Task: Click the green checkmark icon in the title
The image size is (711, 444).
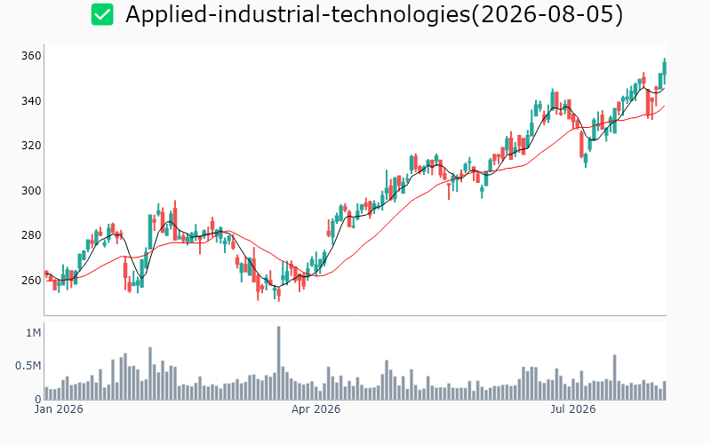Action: tap(102, 14)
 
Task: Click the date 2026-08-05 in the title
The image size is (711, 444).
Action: tap(547, 14)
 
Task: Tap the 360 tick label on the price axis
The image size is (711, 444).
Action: tap(31, 56)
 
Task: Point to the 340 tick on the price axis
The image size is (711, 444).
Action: tap(31, 100)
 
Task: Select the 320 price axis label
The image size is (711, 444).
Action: tap(31, 146)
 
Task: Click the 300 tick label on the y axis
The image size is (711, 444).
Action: tap(31, 190)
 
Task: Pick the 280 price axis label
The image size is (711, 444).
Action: tap(31, 235)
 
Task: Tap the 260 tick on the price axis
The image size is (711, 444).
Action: tap(31, 280)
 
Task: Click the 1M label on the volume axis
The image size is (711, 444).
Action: tap(34, 333)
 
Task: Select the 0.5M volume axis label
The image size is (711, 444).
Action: tap(28, 366)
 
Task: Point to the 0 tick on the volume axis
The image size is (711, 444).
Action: tap(38, 399)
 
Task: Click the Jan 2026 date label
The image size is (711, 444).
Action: tap(59, 409)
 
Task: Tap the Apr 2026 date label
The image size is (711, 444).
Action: tap(316, 409)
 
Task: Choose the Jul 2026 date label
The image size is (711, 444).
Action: tap(572, 409)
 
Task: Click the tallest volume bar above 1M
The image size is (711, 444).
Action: tap(278, 363)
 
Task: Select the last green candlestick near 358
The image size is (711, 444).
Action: tap(664, 68)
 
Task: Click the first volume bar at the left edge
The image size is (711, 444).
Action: tap(47, 393)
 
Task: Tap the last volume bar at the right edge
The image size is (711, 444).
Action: tap(665, 390)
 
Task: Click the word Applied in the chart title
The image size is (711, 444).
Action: tap(165, 14)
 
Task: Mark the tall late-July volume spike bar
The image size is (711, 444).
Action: tap(615, 377)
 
